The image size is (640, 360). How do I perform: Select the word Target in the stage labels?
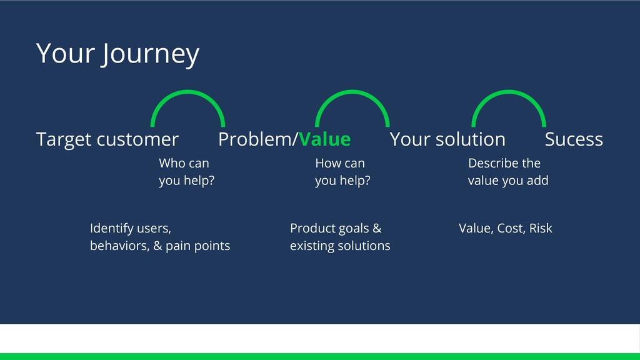pos(63,140)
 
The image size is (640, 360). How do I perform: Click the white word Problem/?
pos(258,139)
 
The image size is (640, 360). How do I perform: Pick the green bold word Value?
pos(324,139)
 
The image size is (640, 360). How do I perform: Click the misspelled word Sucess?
pos(574,139)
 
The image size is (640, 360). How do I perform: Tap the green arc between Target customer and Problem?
pos(187,92)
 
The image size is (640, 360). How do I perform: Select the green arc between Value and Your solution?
pos(352,92)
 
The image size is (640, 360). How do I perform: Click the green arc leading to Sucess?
pos(509,92)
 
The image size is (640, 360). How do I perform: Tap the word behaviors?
pos(119,246)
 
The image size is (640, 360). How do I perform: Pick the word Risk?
pos(541,228)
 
